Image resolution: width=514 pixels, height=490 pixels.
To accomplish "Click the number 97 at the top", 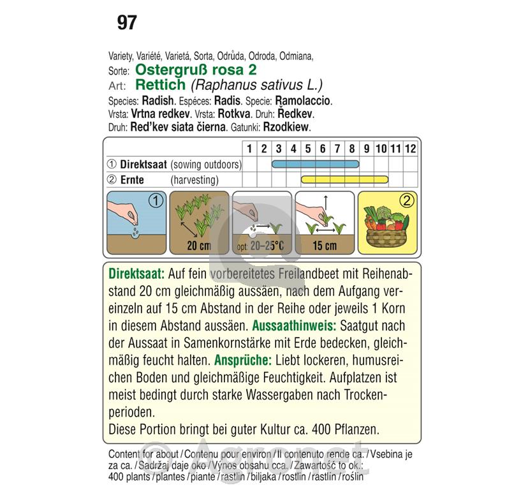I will coord(127,23).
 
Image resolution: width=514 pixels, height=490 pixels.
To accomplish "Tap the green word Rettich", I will coord(161,84).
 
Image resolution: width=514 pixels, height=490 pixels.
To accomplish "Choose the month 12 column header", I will coord(410,149).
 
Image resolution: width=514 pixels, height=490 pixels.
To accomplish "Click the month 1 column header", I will coord(250,149).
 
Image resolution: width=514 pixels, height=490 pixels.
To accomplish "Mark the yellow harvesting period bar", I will coord(344,180).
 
